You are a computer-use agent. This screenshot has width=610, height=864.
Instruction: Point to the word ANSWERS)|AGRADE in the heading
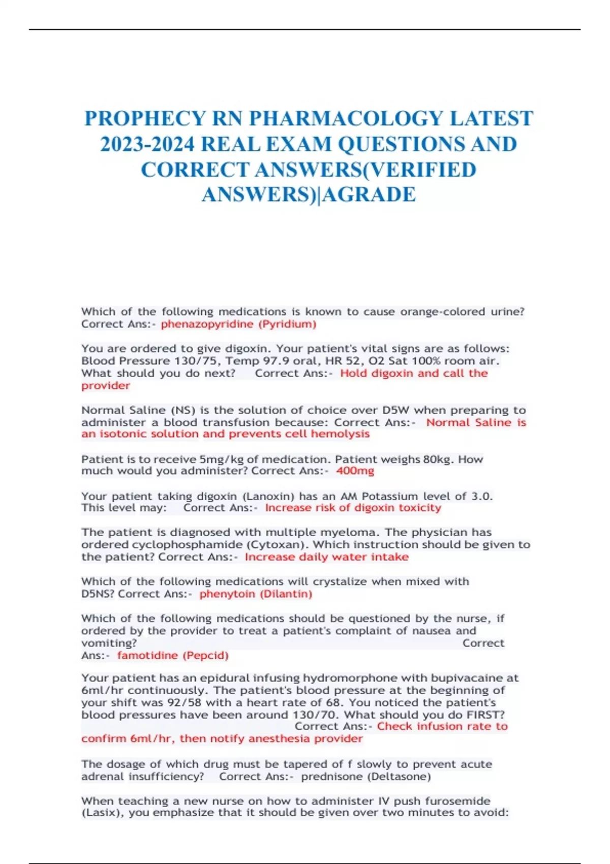(309, 195)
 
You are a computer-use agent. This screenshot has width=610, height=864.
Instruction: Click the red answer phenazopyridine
(207, 324)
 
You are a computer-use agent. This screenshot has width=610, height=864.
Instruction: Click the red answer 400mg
(355, 471)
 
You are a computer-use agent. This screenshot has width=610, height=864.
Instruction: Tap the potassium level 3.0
(482, 496)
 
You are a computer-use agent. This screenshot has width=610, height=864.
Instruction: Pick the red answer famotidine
(147, 656)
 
